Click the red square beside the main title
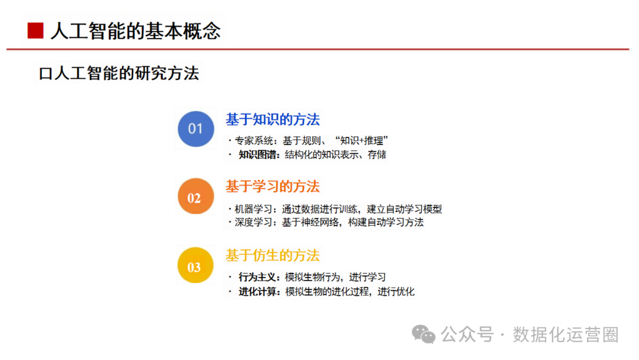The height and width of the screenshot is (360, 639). (35, 31)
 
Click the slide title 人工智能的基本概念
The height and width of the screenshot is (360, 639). (135, 31)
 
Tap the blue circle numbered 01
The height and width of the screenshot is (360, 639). (196, 129)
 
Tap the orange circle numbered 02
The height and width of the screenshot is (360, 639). (196, 196)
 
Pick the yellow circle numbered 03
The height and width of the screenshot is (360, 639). (196, 265)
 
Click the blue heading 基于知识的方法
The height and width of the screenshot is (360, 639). (273, 120)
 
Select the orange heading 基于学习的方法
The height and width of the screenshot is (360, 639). (273, 187)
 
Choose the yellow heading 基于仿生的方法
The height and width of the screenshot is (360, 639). (273, 256)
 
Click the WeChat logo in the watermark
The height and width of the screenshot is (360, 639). (424, 335)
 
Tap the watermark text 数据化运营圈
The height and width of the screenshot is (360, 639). (566, 335)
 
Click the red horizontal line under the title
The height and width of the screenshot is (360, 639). (318, 49)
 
